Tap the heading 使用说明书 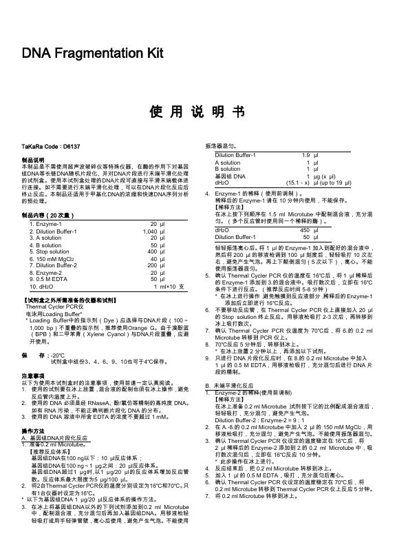[x=197, y=112]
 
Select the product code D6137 [x=72, y=147]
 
